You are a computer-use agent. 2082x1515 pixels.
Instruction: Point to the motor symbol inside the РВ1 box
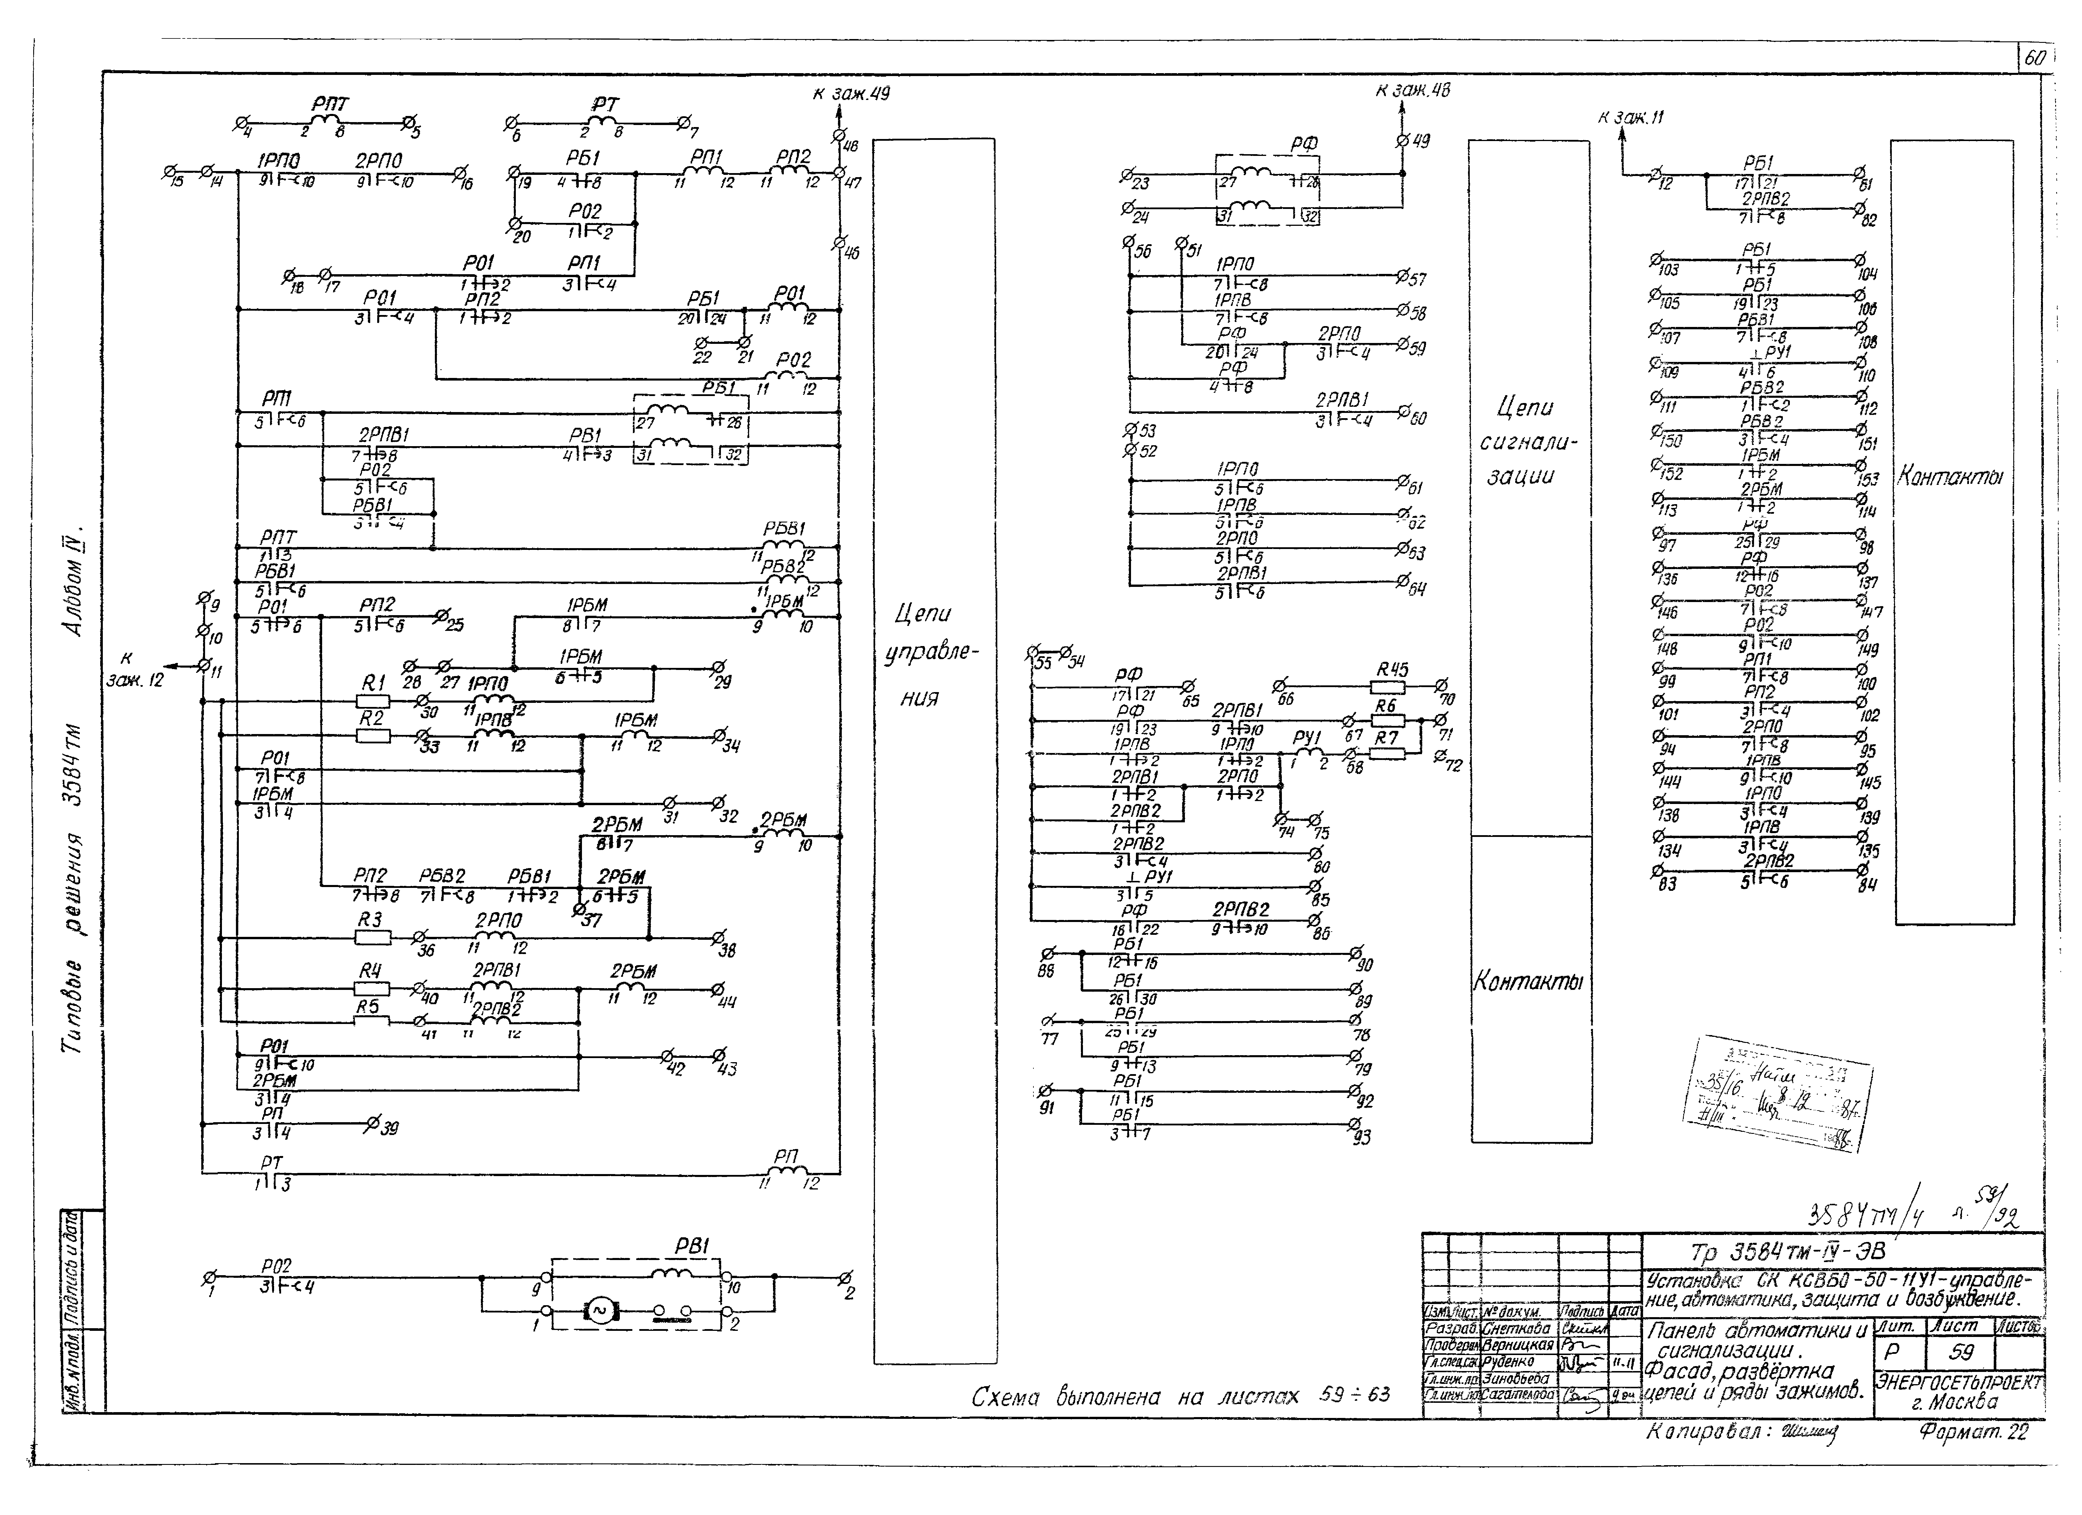coord(599,1311)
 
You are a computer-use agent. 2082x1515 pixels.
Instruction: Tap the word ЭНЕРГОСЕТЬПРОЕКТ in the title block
coord(1958,1382)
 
